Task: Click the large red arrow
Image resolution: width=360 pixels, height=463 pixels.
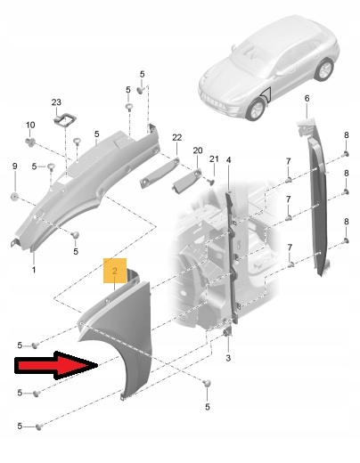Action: click(x=56, y=365)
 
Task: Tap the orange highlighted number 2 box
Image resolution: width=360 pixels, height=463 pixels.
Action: click(x=115, y=271)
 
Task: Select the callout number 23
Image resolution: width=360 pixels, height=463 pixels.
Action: click(x=56, y=102)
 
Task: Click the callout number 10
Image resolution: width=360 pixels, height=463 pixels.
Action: click(x=30, y=125)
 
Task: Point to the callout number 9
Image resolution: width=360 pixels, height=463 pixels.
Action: click(x=15, y=167)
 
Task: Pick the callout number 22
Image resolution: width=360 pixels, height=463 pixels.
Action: click(x=176, y=138)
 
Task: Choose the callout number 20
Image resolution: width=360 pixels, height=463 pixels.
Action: click(x=198, y=150)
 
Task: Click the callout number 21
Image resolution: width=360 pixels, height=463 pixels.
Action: click(x=214, y=159)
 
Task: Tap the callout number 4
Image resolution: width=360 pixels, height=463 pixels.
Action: click(x=228, y=160)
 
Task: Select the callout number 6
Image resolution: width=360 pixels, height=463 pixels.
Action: click(x=307, y=98)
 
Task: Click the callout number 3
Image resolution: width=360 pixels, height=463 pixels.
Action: click(x=228, y=358)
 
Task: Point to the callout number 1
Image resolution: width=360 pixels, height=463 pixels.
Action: click(x=34, y=270)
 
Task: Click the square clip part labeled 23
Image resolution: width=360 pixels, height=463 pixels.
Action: click(x=65, y=120)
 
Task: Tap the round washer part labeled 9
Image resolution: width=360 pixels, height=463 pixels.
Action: click(x=14, y=197)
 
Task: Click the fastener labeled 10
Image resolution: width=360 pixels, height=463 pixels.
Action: click(x=30, y=142)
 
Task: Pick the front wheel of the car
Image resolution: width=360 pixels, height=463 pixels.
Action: click(x=256, y=110)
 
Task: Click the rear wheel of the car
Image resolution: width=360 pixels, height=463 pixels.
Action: click(x=323, y=69)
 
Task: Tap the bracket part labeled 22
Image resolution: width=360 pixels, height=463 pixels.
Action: click(x=160, y=173)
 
